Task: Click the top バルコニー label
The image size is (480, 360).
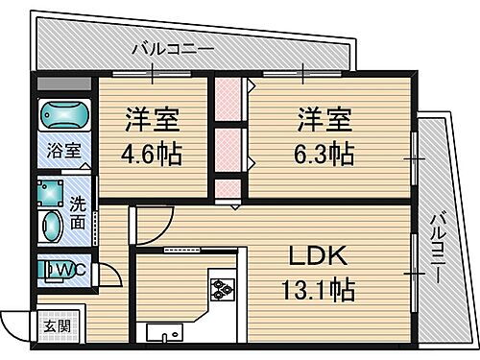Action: [165, 47]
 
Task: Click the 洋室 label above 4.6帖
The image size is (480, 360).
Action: [152, 123]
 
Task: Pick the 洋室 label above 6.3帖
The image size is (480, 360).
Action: [323, 123]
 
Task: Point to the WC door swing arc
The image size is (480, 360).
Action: [112, 276]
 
